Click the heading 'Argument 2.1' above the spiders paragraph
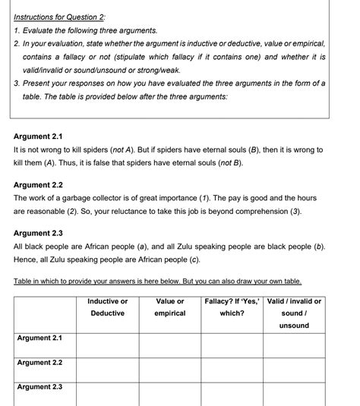pos(38,137)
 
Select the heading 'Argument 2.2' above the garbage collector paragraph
pos(38,184)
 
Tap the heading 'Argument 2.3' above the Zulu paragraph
pos(38,233)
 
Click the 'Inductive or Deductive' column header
pos(107,307)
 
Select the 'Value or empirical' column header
pos(169,307)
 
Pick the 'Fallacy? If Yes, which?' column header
pos(232,307)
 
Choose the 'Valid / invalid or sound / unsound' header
pos(294,313)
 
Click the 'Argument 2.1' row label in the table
pos(39,338)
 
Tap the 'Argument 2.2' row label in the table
pos(39,363)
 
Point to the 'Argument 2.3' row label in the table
pos(39,387)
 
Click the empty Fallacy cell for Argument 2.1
pos(232,344)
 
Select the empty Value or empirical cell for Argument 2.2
pos(169,368)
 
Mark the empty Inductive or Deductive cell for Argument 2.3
pos(107,392)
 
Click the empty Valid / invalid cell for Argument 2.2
pos(294,368)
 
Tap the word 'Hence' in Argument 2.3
pos(27,260)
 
